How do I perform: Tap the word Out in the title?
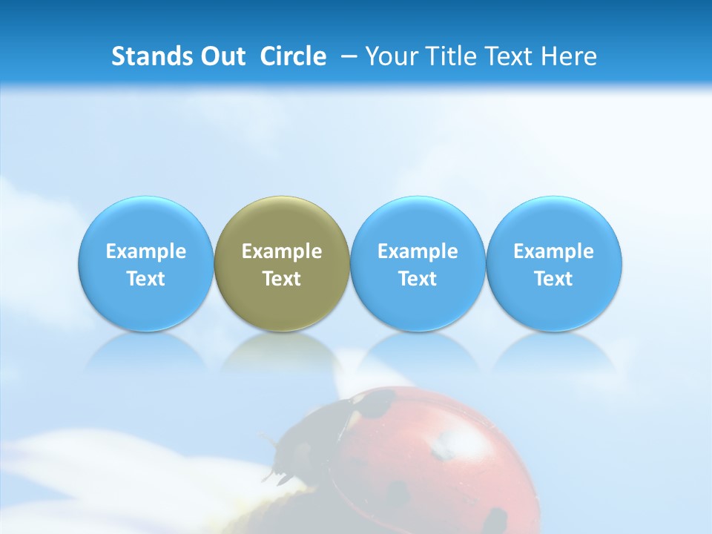point(222,56)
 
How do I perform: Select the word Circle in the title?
point(293,56)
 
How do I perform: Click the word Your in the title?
point(390,56)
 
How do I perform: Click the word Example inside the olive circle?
point(282,251)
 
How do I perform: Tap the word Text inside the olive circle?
point(282,279)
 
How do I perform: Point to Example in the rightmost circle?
point(553,251)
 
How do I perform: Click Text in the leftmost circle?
point(146,279)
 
